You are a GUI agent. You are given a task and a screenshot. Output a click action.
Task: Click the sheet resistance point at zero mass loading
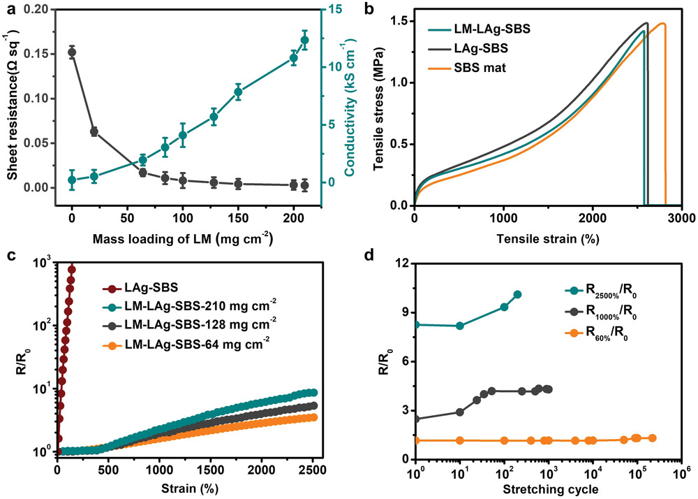point(72,52)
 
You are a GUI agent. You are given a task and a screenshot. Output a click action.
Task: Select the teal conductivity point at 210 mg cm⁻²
point(304,41)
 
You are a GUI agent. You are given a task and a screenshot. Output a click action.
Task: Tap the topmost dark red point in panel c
point(71,268)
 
